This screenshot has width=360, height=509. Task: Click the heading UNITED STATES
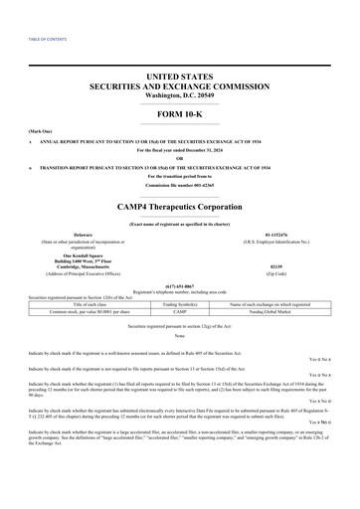(x=179, y=76)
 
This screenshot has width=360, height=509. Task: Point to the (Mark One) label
(x=41, y=130)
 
